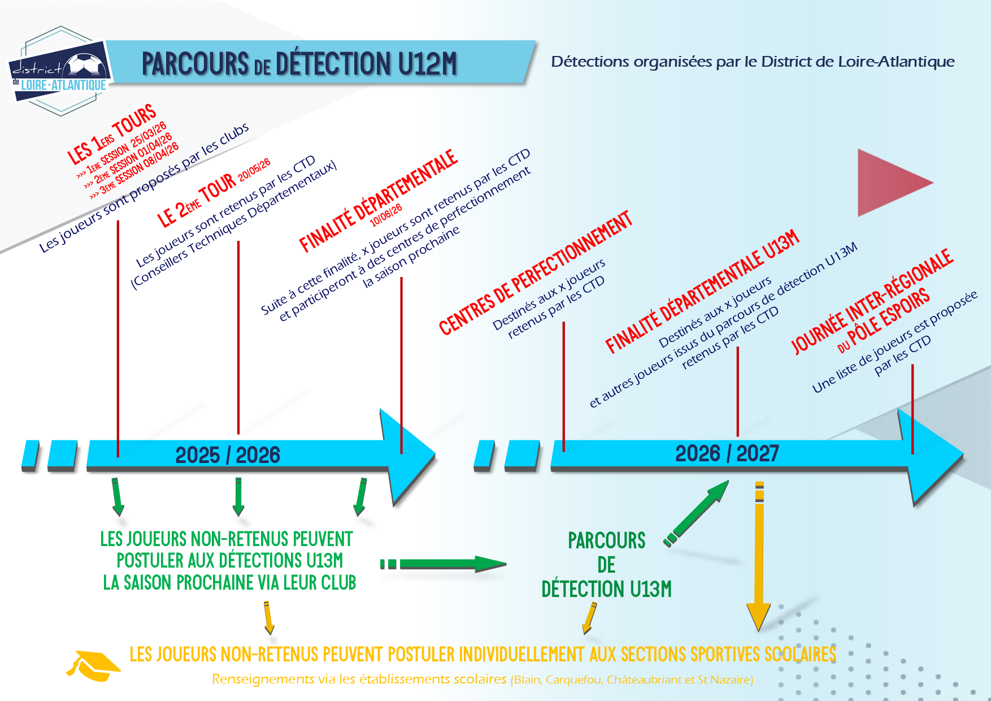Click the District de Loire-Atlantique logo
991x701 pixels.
(60, 71)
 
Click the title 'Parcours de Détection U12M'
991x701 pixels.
(299, 63)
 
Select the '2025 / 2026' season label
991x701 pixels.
(228, 455)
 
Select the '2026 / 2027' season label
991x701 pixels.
(727, 453)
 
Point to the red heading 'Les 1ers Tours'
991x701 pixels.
(111, 135)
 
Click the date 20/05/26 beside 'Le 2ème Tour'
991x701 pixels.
(254, 170)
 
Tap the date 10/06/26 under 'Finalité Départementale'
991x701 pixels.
(386, 215)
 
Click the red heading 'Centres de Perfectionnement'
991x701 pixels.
(535, 273)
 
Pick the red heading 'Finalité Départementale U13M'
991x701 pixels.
(702, 292)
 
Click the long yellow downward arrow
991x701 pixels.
(759, 556)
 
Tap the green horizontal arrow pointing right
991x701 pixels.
(444, 564)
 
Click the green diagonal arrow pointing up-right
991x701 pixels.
(697, 513)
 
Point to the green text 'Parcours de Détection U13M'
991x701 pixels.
(606, 565)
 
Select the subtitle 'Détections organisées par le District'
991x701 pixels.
(753, 62)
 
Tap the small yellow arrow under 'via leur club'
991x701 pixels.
(268, 618)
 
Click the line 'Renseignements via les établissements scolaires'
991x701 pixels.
(359, 679)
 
